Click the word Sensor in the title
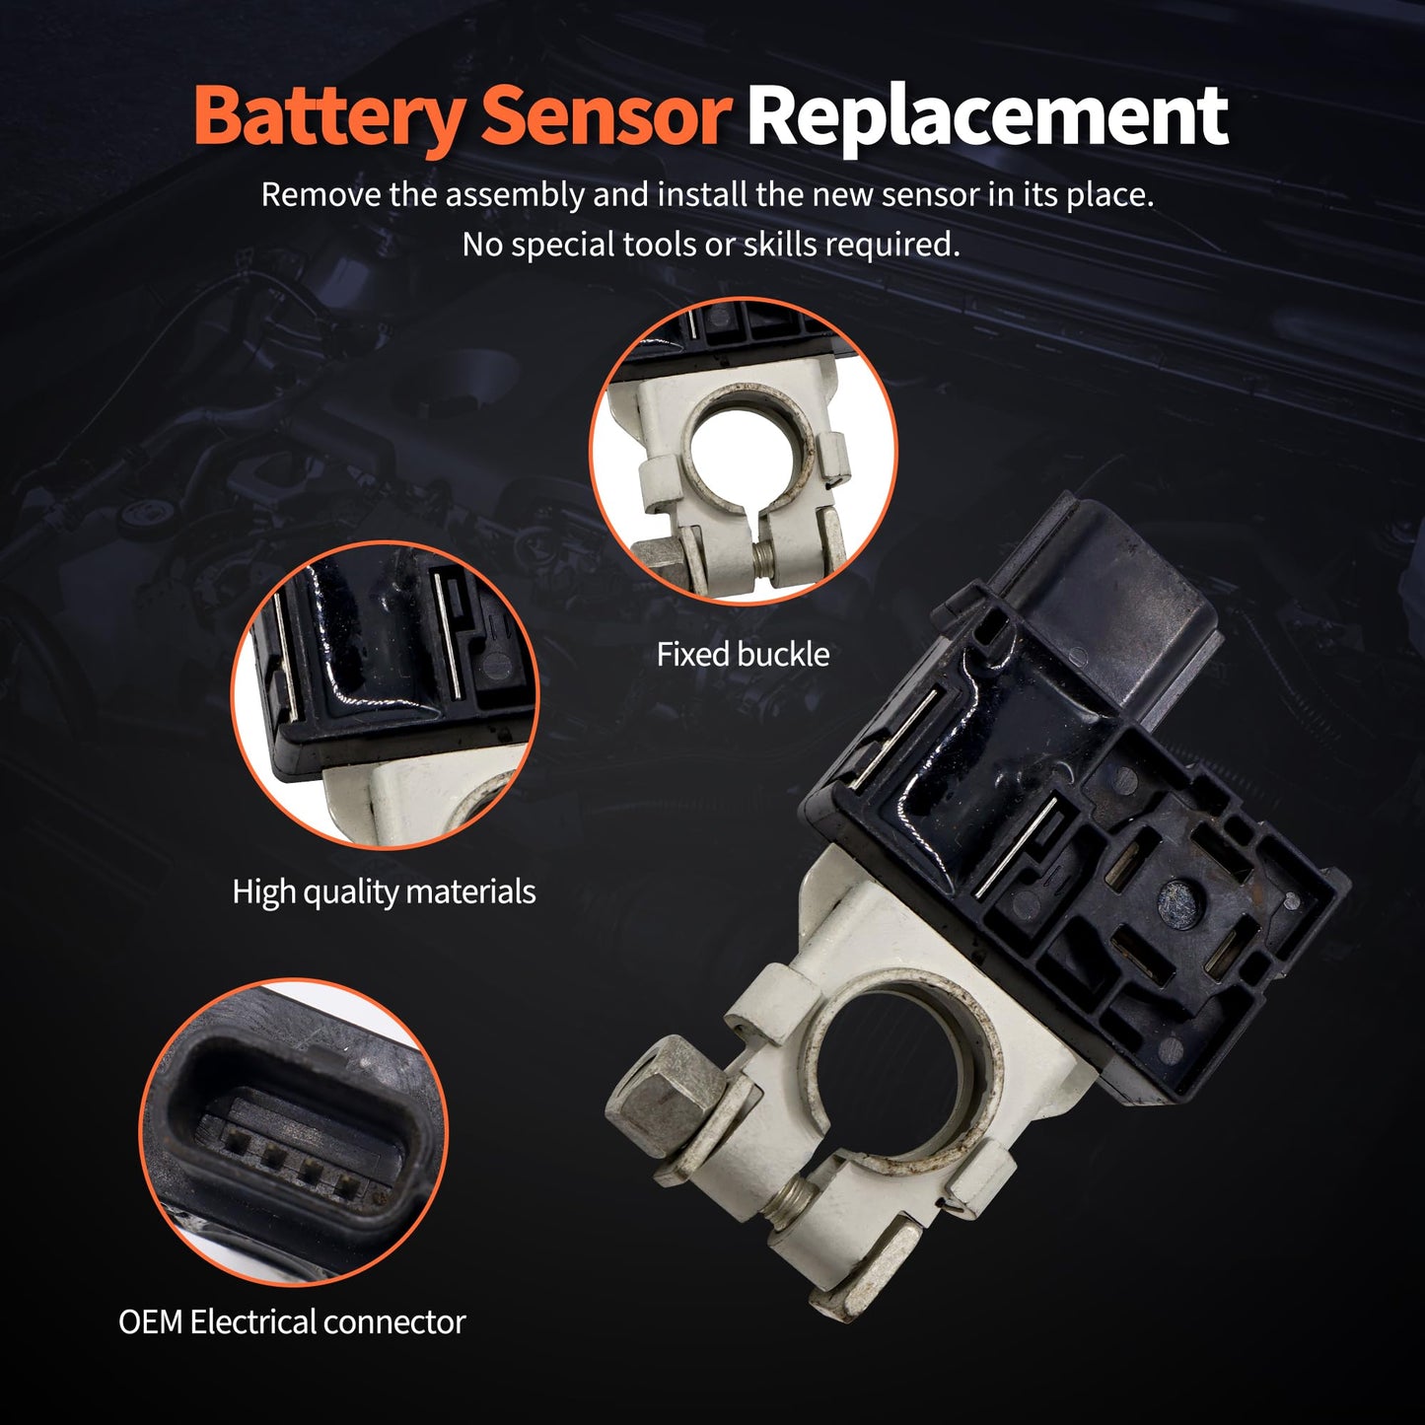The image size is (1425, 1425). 605,116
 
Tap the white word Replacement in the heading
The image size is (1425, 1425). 986,116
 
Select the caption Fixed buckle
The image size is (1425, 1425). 743,655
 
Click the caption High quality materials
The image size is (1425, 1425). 384,891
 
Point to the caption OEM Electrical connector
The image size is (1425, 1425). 292,1321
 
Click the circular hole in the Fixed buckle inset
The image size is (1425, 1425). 751,450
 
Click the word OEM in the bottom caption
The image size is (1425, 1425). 150,1321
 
